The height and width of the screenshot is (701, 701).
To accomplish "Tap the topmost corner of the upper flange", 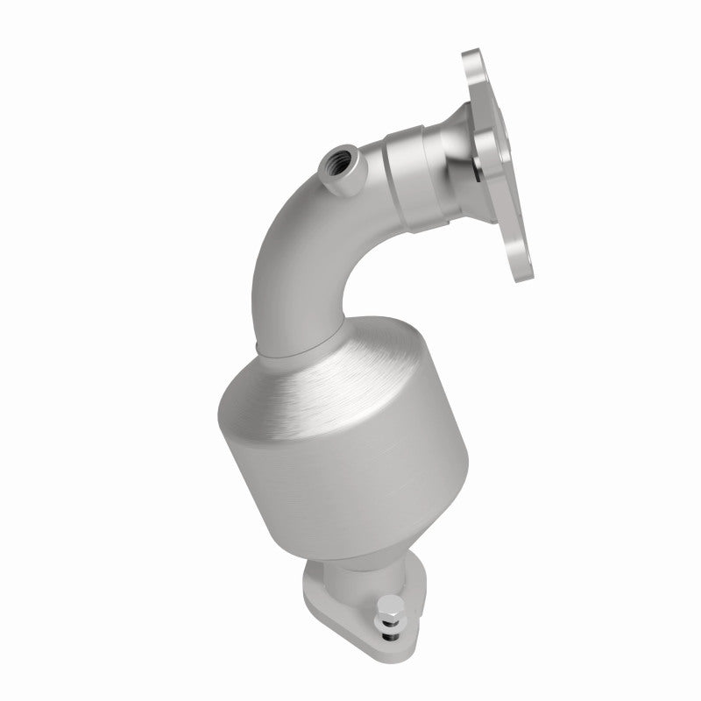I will [473, 54].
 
